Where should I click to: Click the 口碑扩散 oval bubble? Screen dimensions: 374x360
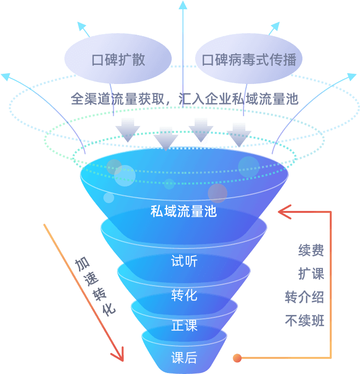pyautogui.click(x=118, y=60)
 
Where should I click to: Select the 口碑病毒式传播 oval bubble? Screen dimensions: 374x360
pyautogui.click(x=249, y=60)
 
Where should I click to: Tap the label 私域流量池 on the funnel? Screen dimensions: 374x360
pyautogui.click(x=183, y=211)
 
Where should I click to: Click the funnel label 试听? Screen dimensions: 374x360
pyautogui.click(x=184, y=261)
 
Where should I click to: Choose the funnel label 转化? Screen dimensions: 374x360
pyautogui.click(x=184, y=295)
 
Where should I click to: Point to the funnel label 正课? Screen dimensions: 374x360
pyautogui.click(x=184, y=326)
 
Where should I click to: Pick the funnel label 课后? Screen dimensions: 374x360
pyautogui.click(x=184, y=358)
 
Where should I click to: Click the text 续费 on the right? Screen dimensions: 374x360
pyautogui.click(x=311, y=251)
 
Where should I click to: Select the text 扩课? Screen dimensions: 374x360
pyautogui.click(x=311, y=273)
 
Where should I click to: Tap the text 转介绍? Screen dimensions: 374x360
pyautogui.click(x=304, y=297)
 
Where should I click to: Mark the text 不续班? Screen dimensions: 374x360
pyautogui.click(x=304, y=321)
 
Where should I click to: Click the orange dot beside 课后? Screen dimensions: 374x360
pyautogui.click(x=237, y=358)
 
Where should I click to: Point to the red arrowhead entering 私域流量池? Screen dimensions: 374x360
pyautogui.click(x=283, y=212)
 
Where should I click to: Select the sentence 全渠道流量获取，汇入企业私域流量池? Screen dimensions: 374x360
pyautogui.click(x=184, y=99)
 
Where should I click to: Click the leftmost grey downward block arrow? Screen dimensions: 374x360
pyautogui.click(x=128, y=130)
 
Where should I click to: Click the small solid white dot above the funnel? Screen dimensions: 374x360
pyautogui.click(x=202, y=140)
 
